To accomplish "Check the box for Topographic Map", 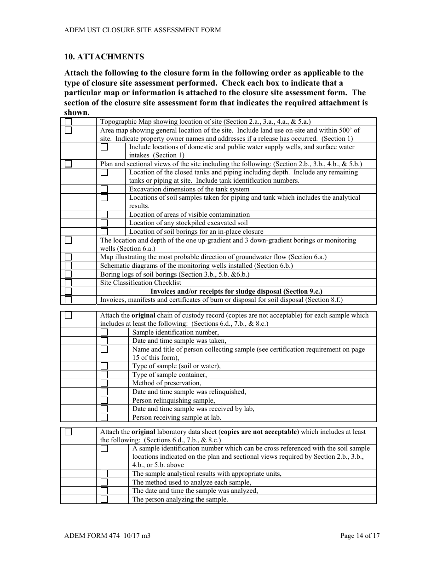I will pos(69,122).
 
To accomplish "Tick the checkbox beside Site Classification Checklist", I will pos(69,283).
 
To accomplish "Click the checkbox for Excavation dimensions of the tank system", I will pos(104,189).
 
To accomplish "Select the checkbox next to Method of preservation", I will pos(104,383).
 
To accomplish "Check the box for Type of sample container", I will pos(104,375).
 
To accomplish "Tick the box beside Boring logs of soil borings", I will pos(69,274).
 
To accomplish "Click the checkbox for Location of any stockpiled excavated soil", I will pos(104,223).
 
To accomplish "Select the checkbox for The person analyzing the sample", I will pos(104,499).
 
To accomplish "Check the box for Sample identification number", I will pos(104,332).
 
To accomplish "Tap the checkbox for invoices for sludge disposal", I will pos(69,291).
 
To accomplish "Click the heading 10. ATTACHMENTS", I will pos(104,57).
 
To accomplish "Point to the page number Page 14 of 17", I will pos(360,536).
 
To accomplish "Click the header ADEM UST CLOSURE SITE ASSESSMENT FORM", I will pos(143,30).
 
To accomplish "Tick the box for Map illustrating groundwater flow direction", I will pos(69,257).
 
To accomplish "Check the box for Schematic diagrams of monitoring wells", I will pos(69,266).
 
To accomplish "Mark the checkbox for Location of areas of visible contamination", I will pos(104,214).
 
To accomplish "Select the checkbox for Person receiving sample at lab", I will pos(104,418).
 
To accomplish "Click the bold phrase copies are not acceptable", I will pos(259,432).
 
